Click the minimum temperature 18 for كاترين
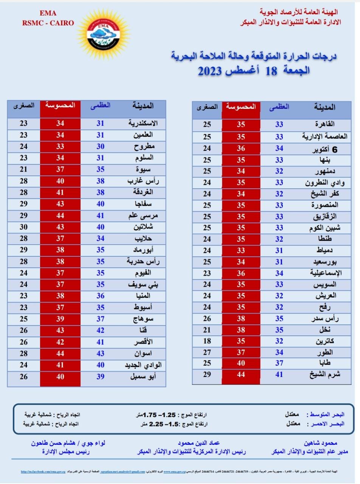207,341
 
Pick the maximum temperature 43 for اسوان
100,354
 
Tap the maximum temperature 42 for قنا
100,330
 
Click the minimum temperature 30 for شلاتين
24,227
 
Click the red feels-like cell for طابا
241,363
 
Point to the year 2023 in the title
215,71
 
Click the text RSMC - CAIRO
48,23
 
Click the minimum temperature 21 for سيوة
24,169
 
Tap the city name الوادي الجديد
143,365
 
